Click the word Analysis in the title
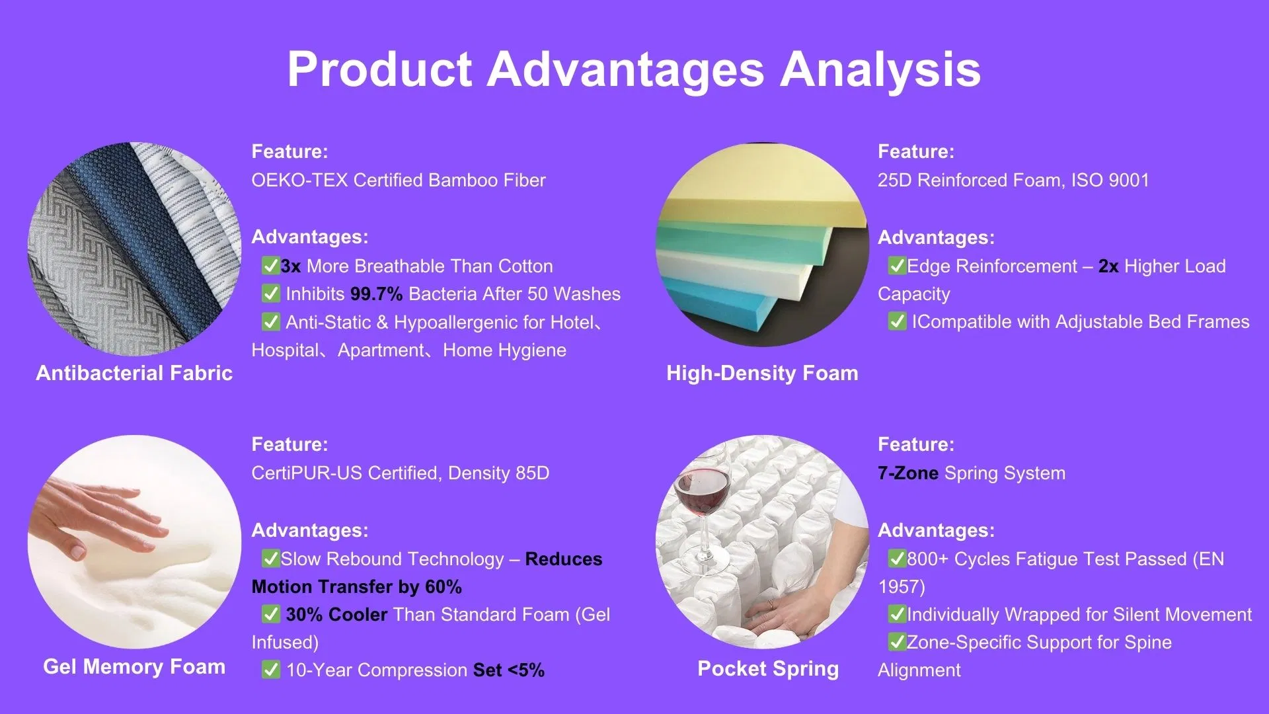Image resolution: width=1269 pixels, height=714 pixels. (880, 69)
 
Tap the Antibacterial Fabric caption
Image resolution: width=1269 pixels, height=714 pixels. (134, 374)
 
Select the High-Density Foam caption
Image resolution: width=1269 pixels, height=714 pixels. (762, 374)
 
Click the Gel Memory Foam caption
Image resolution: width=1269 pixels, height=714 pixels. (134, 666)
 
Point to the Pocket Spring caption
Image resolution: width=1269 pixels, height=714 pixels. (768, 668)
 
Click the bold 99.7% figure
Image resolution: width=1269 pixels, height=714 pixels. (376, 294)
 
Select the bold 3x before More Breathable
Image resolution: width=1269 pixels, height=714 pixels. (290, 266)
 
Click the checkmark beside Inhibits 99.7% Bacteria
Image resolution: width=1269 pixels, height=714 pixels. (271, 294)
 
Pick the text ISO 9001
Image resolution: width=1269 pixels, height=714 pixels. (1110, 180)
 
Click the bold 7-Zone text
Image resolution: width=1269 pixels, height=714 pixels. (907, 473)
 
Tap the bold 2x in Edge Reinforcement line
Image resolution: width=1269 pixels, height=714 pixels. (1108, 266)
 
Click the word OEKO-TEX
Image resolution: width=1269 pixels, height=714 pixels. (299, 180)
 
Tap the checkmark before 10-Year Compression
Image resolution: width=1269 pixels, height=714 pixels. (271, 670)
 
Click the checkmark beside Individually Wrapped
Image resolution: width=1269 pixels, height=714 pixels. (897, 614)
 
